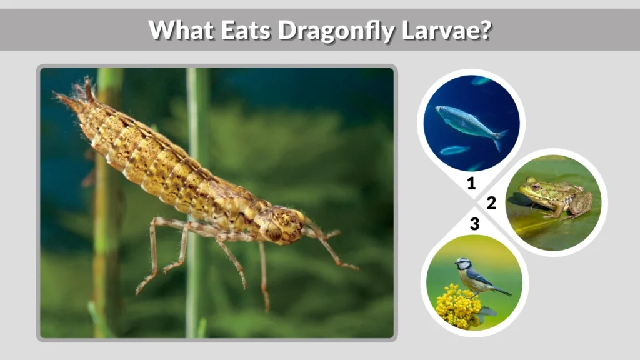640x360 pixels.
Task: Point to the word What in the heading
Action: coord(181,29)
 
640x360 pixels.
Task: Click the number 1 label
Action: coord(472,184)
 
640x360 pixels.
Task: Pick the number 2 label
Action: coord(491,203)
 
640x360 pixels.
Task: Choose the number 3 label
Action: coord(474,224)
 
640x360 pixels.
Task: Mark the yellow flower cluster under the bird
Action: coord(458,307)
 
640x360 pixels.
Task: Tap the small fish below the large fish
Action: coord(454,150)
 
